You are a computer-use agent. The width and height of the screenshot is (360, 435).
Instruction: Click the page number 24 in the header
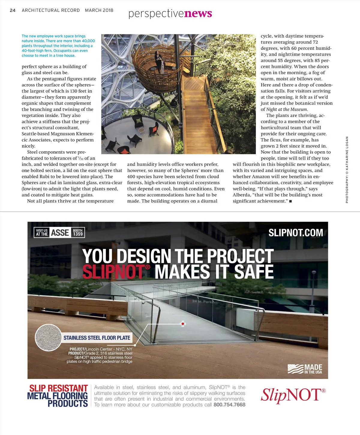(x=13, y=10)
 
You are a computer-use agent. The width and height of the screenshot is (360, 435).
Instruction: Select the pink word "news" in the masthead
(x=198, y=13)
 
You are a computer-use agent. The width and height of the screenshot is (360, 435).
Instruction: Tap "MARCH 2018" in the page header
(x=99, y=10)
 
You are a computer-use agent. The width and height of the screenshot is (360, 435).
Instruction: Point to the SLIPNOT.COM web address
(x=295, y=233)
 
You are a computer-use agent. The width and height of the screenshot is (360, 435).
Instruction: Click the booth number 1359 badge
(x=78, y=233)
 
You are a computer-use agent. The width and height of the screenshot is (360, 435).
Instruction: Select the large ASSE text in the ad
(x=60, y=233)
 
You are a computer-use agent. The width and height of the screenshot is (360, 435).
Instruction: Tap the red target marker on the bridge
(x=183, y=324)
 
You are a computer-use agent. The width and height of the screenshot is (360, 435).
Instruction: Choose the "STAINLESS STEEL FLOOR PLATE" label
(x=97, y=338)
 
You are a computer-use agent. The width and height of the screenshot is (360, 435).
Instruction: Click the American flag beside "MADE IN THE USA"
(x=295, y=369)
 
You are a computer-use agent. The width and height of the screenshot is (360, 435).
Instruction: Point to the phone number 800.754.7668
(x=229, y=405)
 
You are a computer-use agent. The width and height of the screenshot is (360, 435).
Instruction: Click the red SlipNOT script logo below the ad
(x=293, y=395)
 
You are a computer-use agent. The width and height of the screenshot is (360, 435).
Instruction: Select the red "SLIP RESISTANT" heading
(x=58, y=388)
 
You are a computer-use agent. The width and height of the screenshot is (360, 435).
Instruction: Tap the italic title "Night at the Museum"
(x=286, y=109)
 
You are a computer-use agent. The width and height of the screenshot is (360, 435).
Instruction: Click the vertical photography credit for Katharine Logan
(x=347, y=169)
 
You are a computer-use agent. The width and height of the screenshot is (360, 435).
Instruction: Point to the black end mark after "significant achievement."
(x=290, y=201)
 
